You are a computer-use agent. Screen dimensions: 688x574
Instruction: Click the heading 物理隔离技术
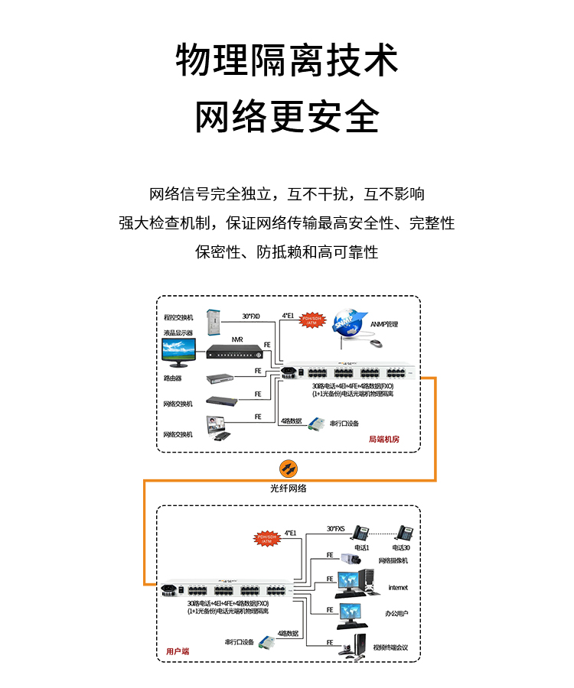[287, 61]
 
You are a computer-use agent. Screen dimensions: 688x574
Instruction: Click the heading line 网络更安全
[287, 117]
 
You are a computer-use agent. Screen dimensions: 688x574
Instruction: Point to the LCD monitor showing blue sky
[181, 351]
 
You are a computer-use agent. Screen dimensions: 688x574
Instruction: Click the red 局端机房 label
[383, 439]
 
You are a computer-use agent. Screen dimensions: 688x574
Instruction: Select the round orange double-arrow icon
[288, 468]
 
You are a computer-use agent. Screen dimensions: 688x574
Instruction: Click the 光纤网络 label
[288, 488]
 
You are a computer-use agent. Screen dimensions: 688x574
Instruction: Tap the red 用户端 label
[178, 651]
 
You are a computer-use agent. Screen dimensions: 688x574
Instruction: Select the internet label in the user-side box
[398, 587]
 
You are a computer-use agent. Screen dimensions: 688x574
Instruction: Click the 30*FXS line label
[336, 528]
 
